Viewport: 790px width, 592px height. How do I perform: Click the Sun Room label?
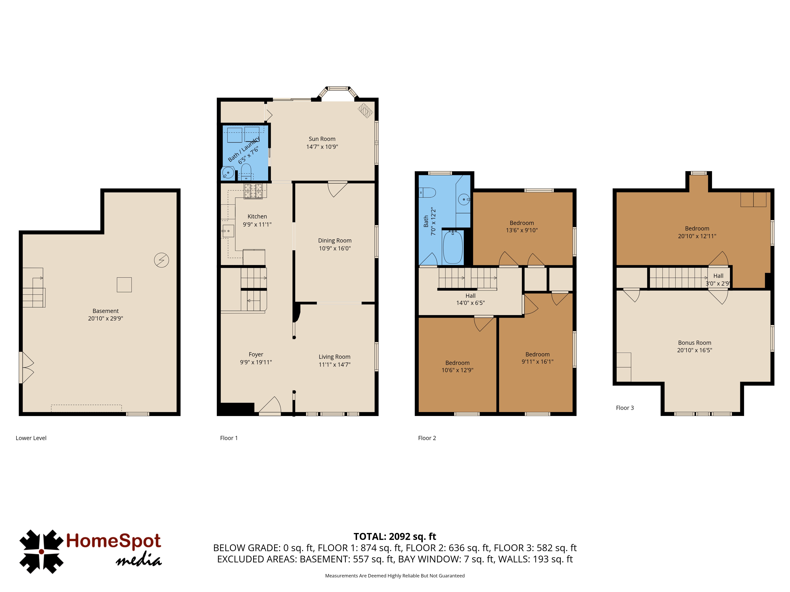322,139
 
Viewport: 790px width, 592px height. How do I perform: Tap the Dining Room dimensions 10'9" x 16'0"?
335,248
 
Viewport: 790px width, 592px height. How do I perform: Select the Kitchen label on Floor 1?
257,216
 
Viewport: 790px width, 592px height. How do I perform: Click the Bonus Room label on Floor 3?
695,343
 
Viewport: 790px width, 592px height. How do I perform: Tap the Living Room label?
334,357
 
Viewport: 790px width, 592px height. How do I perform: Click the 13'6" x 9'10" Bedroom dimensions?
522,230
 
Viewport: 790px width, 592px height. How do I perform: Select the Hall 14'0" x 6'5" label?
470,299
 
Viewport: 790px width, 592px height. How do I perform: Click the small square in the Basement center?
124,285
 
